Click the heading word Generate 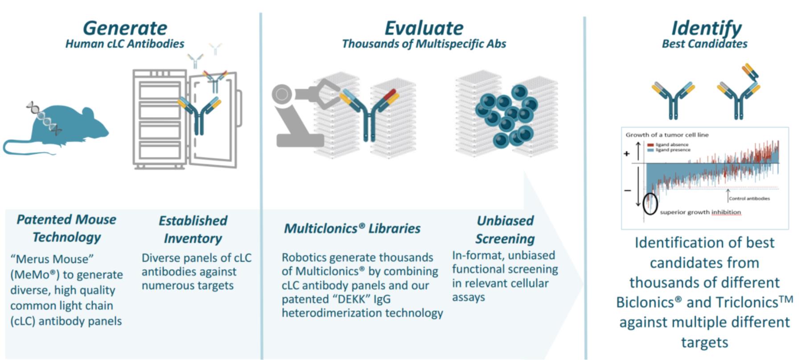pos(125,28)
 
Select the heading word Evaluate pos(424,28)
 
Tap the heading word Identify pos(707,28)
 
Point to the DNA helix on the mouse pos(44,118)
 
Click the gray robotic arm pos(303,111)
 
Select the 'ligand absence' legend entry pos(668,145)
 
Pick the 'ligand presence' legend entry pos(669,150)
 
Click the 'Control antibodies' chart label pos(749,199)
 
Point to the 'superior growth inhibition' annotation pos(700,212)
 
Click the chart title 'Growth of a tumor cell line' pos(667,135)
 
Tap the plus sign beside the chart pos(627,154)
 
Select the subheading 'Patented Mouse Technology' pos(66,228)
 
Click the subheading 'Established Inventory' pos(193,229)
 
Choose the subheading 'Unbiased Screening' pos(505,230)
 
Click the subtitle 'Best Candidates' pos(704,44)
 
